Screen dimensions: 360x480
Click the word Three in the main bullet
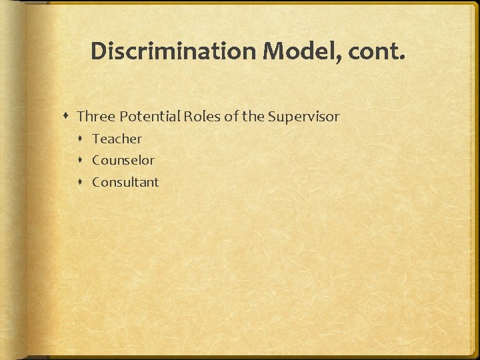click(x=95, y=117)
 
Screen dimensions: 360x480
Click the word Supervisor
click(x=303, y=117)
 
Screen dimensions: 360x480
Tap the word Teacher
click(x=117, y=139)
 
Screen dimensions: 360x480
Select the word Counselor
click(x=123, y=160)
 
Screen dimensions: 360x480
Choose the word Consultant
click(x=125, y=182)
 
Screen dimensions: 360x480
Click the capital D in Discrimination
click(x=97, y=51)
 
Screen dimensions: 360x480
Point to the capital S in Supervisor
click(x=271, y=117)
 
